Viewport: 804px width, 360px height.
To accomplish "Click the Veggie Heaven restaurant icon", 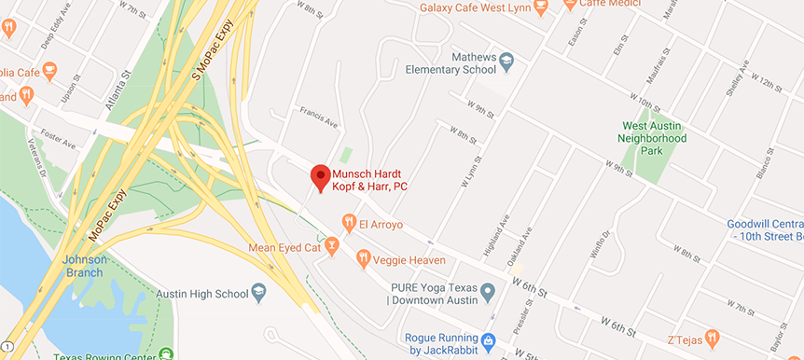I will (364, 258).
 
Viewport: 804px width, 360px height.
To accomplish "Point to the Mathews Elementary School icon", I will (506, 62).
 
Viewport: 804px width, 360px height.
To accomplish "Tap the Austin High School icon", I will (256, 294).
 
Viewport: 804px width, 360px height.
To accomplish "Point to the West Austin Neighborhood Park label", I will (655, 132).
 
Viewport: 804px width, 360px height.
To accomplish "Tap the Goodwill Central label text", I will (766, 224).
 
